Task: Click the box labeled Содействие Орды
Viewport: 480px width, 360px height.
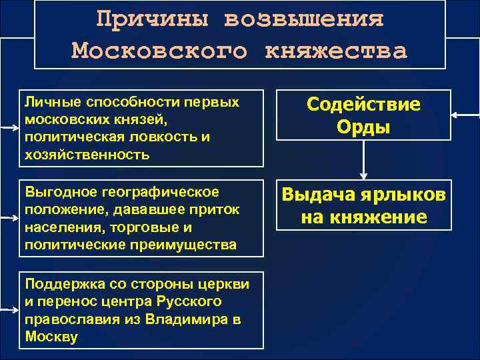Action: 363,115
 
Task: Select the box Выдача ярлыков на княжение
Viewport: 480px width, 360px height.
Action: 363,206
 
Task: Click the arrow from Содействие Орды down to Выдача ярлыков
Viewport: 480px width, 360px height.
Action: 363,160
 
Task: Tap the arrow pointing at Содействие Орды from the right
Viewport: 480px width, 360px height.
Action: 465,115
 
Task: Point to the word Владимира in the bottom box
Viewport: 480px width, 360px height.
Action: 187,319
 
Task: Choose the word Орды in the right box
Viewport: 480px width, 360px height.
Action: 363,126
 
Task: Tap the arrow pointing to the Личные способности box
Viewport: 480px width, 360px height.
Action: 9,126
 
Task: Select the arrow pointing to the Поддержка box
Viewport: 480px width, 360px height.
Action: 9,311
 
